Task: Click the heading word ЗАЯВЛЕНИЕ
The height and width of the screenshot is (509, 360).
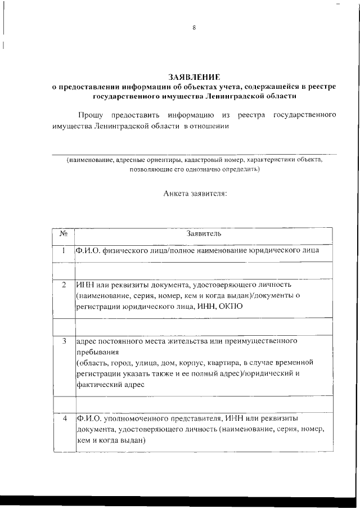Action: pos(194,76)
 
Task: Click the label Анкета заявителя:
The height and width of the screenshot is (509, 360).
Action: pos(195,193)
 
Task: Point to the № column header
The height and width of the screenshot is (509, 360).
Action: pos(64,233)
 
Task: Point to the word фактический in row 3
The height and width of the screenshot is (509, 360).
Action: pos(101,385)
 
